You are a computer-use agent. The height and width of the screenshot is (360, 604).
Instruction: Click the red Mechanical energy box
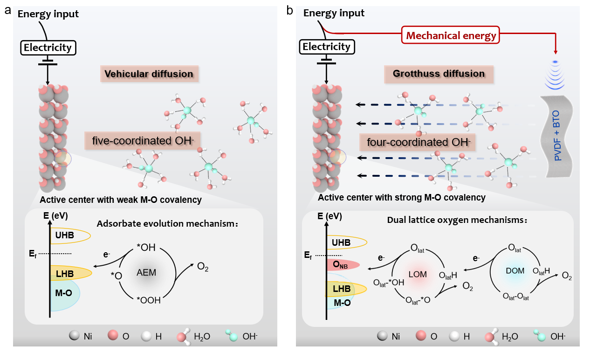451,35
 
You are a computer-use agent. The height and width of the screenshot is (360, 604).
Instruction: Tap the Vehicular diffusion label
149,74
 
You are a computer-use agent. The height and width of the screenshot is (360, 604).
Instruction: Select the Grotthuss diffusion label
439,74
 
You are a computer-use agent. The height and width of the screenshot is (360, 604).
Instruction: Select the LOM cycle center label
418,274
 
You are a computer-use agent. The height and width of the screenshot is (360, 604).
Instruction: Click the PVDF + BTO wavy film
557,135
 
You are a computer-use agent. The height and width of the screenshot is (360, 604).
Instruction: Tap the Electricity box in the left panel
48,48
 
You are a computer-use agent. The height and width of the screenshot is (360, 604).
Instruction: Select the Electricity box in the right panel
326,47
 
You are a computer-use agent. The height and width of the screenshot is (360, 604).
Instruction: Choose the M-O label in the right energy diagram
342,303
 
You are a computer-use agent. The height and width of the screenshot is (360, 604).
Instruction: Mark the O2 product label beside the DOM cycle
567,276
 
